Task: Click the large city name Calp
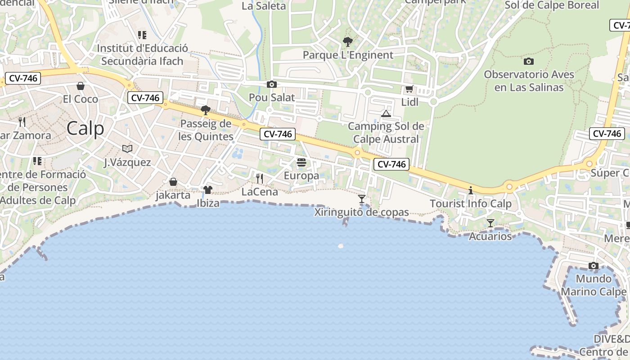[x=85, y=129]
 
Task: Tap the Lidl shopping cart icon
[x=409, y=89]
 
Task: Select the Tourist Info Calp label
[x=471, y=203]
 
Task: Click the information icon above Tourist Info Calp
[x=471, y=190]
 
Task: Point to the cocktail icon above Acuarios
[x=490, y=223]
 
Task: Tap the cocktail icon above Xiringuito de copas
[x=361, y=199]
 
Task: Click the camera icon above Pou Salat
[x=272, y=84]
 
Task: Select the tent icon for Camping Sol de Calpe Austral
[x=386, y=113]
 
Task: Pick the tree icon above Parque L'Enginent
[x=347, y=42]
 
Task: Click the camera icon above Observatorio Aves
[x=529, y=61]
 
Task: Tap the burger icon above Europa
[x=301, y=162]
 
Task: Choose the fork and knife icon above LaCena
[x=260, y=179]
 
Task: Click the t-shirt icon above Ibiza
[x=207, y=190]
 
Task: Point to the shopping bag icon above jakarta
[x=173, y=182]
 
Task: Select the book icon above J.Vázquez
[x=127, y=148]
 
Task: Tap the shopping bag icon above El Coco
[x=81, y=85]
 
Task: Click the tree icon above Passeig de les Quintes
[x=206, y=110]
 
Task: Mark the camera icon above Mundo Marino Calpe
[x=594, y=265]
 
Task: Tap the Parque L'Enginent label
[x=348, y=55]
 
